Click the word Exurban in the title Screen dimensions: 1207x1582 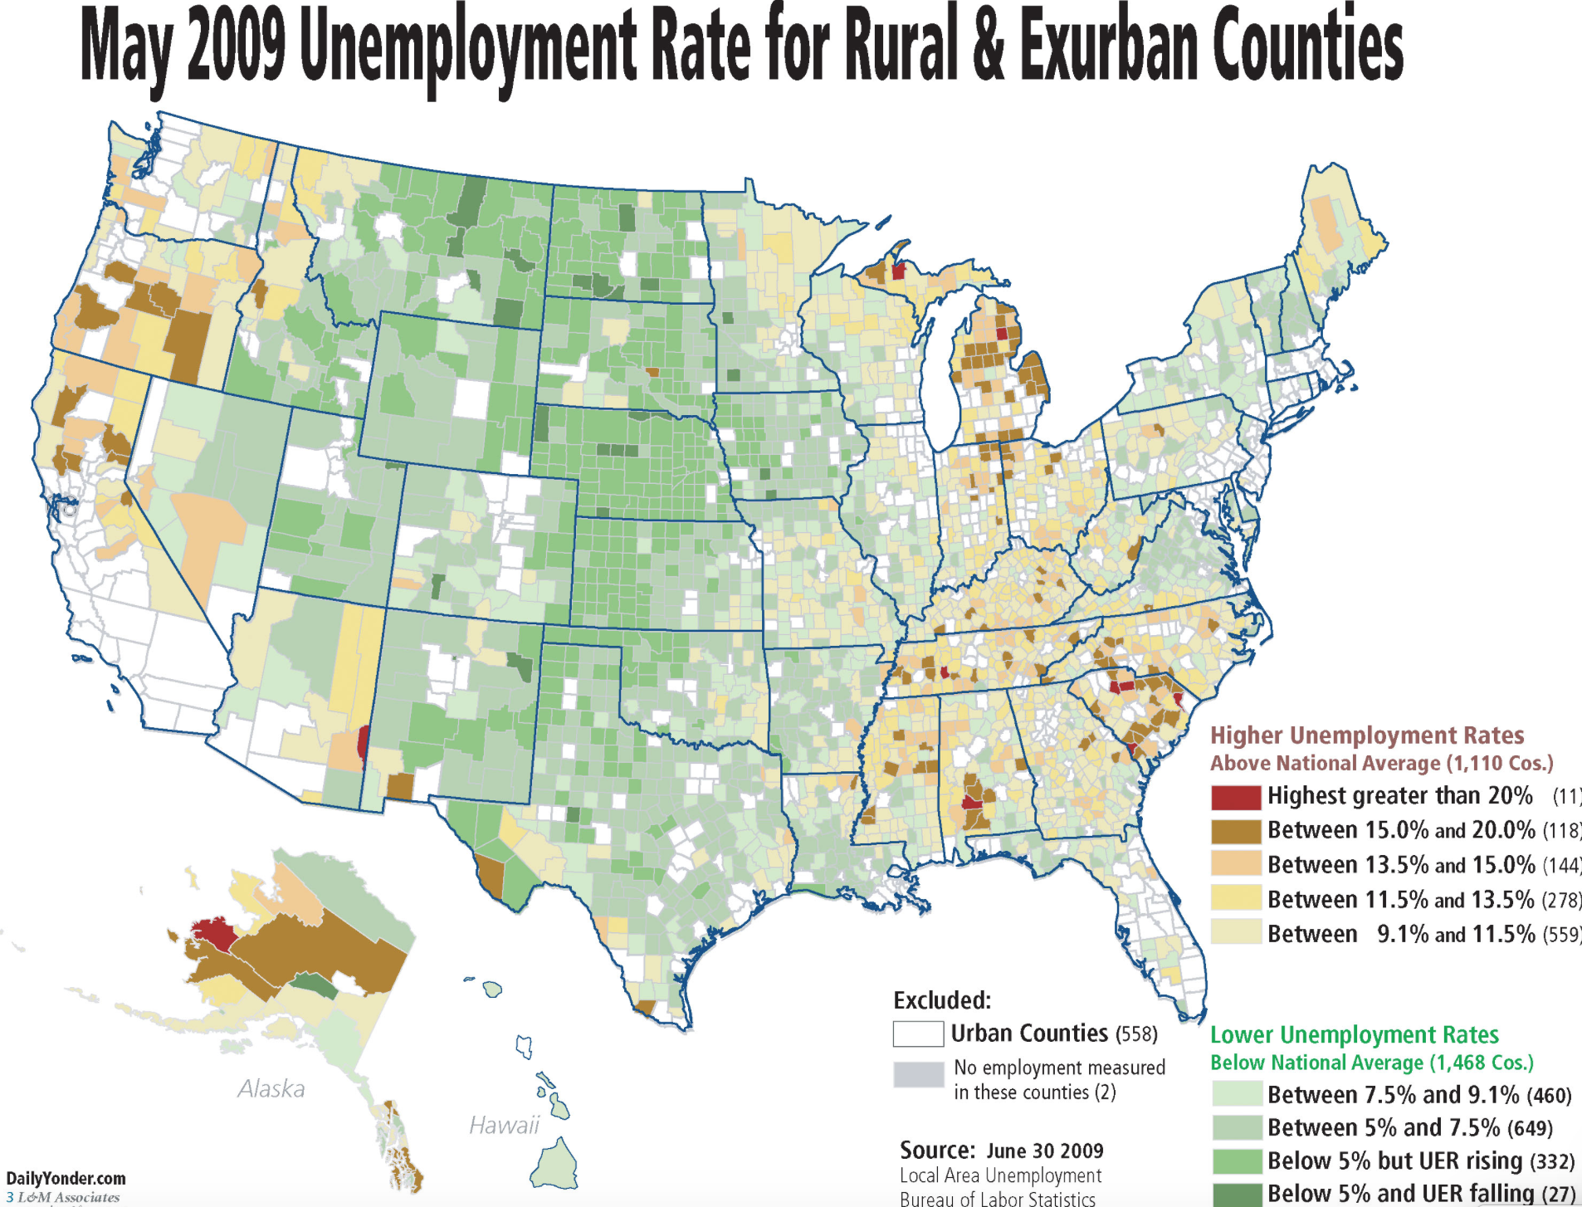click(x=1107, y=46)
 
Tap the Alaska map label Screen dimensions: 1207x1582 click(x=271, y=1088)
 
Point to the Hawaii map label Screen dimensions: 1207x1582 click(x=504, y=1125)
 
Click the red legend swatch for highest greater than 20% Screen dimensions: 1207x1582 click(x=1235, y=796)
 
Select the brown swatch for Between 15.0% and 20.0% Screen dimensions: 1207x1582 click(x=1235, y=831)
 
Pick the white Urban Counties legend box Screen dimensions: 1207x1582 click(x=917, y=1034)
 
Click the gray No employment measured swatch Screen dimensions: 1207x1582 click(x=917, y=1074)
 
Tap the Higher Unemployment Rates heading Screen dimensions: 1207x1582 click(x=1366, y=735)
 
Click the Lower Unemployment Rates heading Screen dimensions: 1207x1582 click(x=1354, y=1034)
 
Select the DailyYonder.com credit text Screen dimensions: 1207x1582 click(x=66, y=1179)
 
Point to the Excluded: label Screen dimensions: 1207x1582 click(x=942, y=1000)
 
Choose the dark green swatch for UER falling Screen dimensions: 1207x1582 click(x=1236, y=1194)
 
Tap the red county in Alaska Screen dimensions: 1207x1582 click(x=214, y=934)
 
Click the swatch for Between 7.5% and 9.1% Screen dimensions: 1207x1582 click(x=1236, y=1094)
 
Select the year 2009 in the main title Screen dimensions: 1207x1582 click(x=236, y=46)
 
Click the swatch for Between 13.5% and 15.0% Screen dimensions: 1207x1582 click(x=1235, y=865)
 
